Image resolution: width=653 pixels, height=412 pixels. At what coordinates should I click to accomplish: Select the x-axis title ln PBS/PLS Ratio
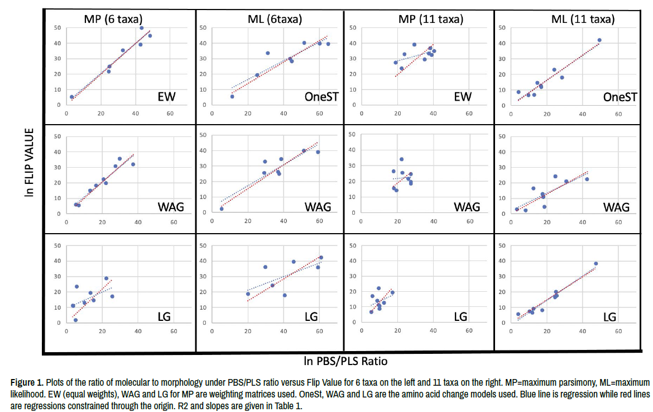point(346,361)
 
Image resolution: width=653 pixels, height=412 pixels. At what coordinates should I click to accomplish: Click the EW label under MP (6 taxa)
point(166,97)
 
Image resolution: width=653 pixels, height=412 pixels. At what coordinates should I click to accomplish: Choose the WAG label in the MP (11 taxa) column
point(467,207)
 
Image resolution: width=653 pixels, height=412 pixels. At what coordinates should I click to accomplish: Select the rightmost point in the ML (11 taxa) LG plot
point(596,263)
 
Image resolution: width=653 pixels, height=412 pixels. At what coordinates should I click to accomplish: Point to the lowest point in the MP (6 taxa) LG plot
point(75,320)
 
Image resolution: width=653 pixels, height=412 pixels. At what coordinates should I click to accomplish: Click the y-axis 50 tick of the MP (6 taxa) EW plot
point(57,27)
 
